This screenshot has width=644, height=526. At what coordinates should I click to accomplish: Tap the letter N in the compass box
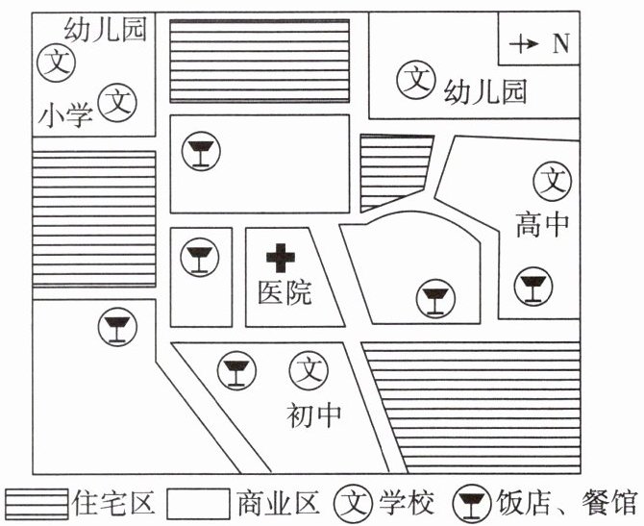point(559,43)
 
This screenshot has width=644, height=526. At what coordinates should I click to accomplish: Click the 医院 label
point(285,292)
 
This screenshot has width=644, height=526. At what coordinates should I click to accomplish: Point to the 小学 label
point(65,115)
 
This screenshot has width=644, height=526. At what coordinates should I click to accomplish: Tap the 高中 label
point(543,225)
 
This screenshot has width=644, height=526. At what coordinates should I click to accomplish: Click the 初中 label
point(314,414)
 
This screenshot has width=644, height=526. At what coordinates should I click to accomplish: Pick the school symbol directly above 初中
point(310,368)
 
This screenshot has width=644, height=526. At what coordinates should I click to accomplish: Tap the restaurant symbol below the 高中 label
point(531,287)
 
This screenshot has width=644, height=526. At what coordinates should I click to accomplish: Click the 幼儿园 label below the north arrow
point(486,92)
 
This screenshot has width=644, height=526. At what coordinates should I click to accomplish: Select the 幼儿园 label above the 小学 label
point(104,30)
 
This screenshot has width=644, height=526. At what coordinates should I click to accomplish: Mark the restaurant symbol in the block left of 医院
point(199,258)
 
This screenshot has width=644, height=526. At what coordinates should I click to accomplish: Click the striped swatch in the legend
point(38,503)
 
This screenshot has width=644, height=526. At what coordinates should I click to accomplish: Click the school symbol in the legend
point(355,503)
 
